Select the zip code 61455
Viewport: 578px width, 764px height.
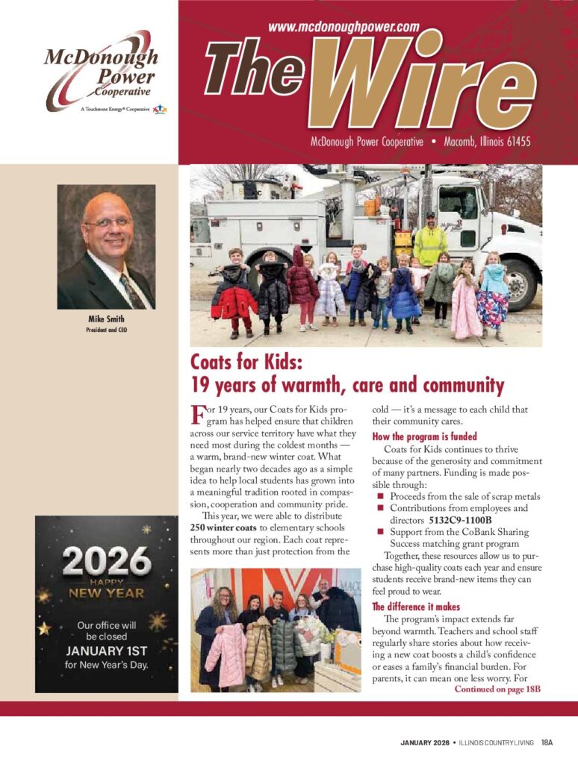click(x=514, y=141)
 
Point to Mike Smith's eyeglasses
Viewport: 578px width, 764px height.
click(x=109, y=222)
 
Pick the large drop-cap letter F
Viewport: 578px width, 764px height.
click(x=198, y=414)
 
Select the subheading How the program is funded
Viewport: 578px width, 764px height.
click(x=424, y=436)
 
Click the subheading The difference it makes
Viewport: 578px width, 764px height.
click(x=416, y=607)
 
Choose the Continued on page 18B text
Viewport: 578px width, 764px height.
click(x=497, y=689)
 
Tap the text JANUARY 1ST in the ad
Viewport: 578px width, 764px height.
click(x=106, y=650)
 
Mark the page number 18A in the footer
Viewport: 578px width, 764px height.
click(x=547, y=743)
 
